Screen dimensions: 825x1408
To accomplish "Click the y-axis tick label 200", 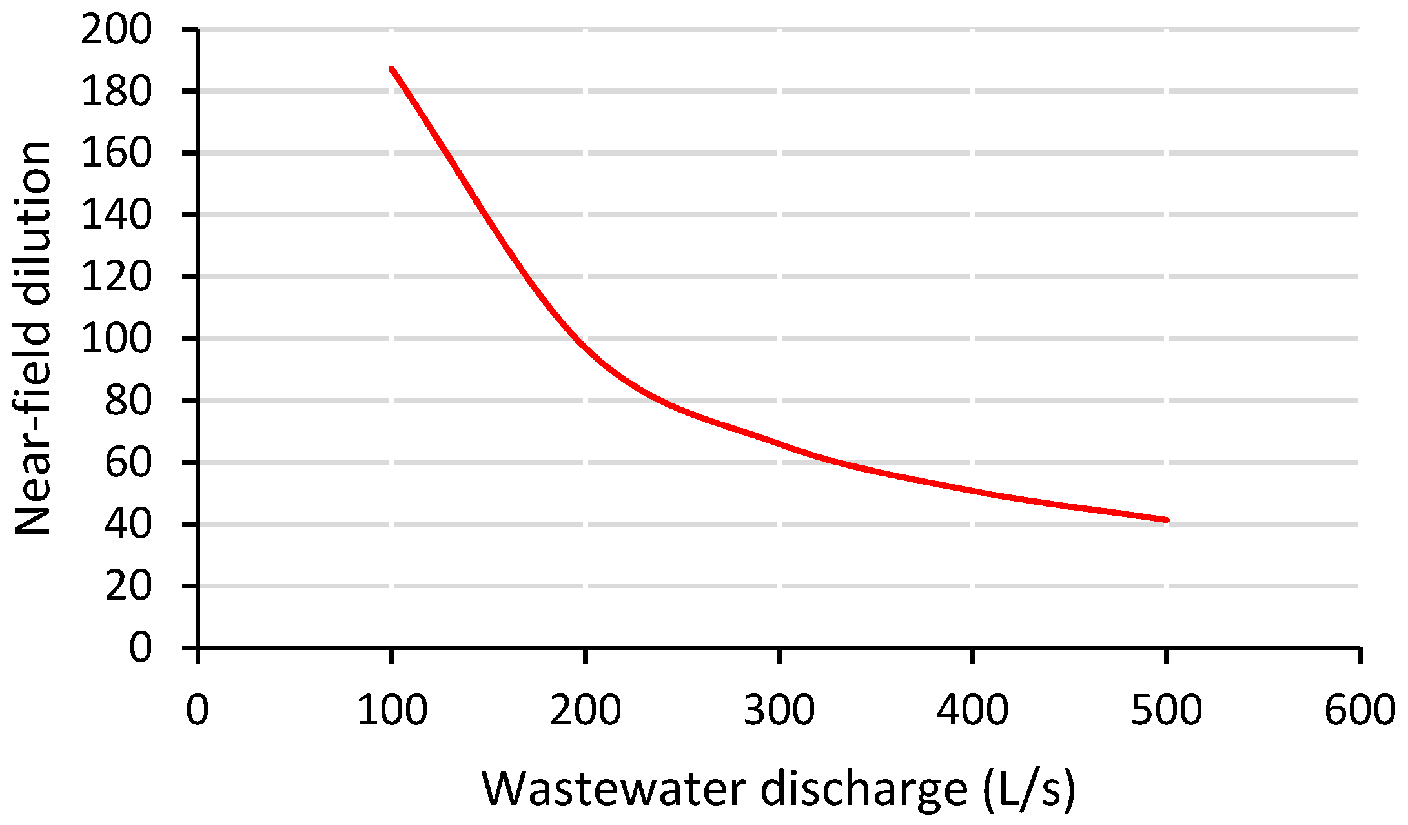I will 116,30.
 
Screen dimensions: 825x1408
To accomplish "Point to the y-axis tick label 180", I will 116,92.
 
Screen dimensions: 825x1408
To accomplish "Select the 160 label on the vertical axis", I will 116,154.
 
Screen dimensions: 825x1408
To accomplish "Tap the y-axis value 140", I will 116,216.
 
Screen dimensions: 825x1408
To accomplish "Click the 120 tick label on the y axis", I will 116,278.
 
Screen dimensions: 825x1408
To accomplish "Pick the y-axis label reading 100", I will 116,340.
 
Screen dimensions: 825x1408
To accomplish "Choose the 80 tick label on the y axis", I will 128,402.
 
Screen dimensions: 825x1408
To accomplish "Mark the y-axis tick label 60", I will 128,463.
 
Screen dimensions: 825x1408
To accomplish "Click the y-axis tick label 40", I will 128,525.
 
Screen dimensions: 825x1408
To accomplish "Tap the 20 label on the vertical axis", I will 128,587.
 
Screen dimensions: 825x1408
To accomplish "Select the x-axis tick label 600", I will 1360,710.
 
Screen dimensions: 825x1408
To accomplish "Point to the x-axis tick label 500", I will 1167,710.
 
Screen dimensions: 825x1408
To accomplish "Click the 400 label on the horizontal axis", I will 972,710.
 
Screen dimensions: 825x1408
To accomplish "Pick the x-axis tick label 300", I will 779,710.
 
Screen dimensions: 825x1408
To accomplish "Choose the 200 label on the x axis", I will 585,710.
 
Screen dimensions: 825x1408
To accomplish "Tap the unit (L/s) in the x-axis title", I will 1029,789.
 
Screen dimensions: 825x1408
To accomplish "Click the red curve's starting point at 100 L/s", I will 391,68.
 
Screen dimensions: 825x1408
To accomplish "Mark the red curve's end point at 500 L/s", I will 1167,520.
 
